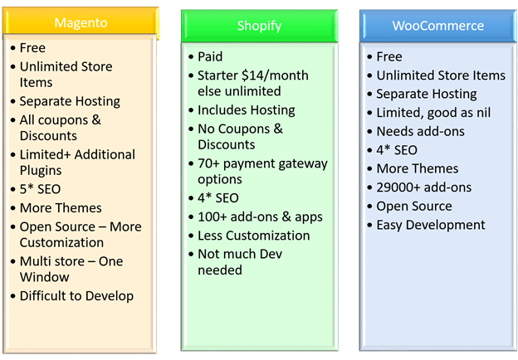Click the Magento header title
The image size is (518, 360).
click(81, 23)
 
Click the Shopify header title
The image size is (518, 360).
click(259, 26)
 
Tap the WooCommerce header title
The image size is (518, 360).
click(438, 26)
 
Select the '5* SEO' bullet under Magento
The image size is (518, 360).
click(40, 189)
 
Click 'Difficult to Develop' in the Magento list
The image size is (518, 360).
click(76, 296)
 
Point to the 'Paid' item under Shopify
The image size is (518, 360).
click(210, 56)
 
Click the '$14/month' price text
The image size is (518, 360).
click(275, 75)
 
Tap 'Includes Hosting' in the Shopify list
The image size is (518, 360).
click(247, 110)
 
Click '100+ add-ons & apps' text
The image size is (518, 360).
click(260, 217)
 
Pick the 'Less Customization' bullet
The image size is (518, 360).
click(254, 236)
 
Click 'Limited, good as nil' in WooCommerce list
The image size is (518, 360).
click(433, 113)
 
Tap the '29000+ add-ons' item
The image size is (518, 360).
click(424, 187)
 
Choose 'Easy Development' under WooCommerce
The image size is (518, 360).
click(431, 226)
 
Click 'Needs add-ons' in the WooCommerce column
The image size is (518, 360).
click(421, 131)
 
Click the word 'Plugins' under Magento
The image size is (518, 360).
click(41, 171)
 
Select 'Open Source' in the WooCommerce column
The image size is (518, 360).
click(414, 207)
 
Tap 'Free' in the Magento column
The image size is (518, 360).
click(32, 48)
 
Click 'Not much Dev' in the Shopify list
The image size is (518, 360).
click(240, 254)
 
